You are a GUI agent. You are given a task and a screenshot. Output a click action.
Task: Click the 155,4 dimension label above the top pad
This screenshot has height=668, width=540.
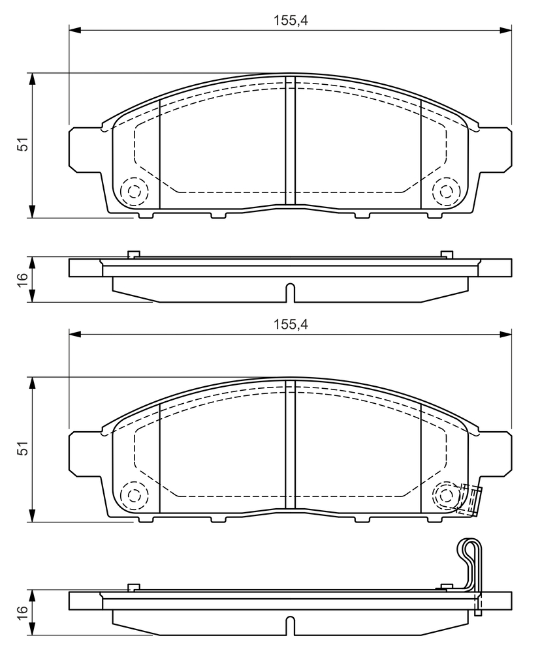click(291, 20)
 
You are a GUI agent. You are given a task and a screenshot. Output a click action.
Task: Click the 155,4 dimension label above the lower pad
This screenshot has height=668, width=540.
click(291, 324)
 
